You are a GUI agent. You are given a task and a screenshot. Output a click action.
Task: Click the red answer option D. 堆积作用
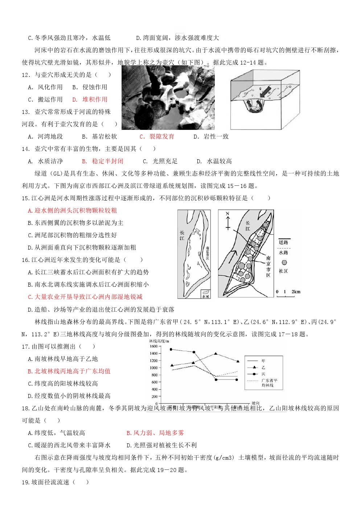(x=90, y=99)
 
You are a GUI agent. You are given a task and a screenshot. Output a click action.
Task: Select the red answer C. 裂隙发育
(x=157, y=136)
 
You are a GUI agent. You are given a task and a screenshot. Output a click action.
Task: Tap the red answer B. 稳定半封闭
(x=103, y=161)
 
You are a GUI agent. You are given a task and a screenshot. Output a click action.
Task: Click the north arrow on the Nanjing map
(x=228, y=221)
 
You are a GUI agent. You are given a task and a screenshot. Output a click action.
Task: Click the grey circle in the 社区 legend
(x=284, y=262)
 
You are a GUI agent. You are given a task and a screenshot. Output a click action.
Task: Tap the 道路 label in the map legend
(x=283, y=242)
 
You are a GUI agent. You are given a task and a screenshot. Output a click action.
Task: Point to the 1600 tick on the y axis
(x=154, y=346)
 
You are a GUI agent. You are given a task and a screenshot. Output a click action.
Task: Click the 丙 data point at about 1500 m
(x=171, y=349)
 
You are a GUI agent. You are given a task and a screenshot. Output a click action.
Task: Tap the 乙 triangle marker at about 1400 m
(x=216, y=353)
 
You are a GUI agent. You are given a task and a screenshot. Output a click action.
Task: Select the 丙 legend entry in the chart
(x=257, y=374)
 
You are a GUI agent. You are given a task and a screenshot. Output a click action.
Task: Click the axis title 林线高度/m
(x=159, y=341)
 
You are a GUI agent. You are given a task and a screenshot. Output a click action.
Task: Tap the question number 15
(x=25, y=198)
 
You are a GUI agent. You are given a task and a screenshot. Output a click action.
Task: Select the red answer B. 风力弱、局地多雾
(x=155, y=433)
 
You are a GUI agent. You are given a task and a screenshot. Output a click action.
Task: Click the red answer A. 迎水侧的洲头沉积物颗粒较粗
(x=73, y=210)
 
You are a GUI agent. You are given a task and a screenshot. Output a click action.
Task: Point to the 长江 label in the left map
(x=182, y=235)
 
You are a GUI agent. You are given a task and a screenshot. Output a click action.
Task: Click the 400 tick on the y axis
(x=155, y=389)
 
